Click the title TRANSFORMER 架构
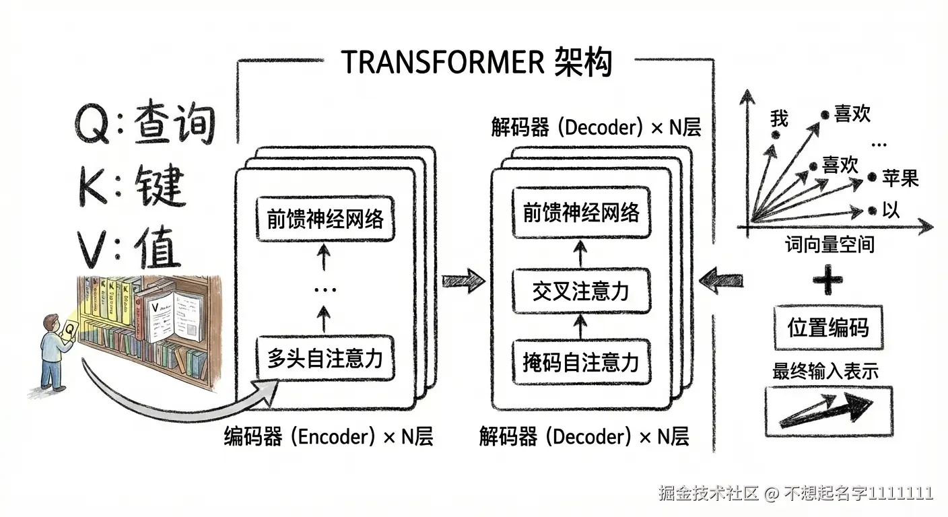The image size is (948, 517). (477, 63)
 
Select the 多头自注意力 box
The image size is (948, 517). (325, 358)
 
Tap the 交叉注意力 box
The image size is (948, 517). (580, 291)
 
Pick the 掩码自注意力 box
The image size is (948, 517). (580, 362)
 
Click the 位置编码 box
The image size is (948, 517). (828, 328)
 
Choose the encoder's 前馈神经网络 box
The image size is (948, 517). (325, 219)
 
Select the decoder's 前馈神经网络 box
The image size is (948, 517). (580, 213)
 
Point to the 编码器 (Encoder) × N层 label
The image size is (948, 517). (329, 438)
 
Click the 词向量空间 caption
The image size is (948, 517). (829, 244)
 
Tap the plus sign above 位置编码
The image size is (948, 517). (827, 281)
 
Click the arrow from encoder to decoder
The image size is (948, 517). (463, 278)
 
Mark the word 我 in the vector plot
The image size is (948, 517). (779, 119)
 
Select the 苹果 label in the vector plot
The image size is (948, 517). (900, 178)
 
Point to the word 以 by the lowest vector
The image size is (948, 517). (891, 211)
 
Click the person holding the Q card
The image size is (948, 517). (55, 351)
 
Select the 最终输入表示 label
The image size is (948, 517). (825, 372)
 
